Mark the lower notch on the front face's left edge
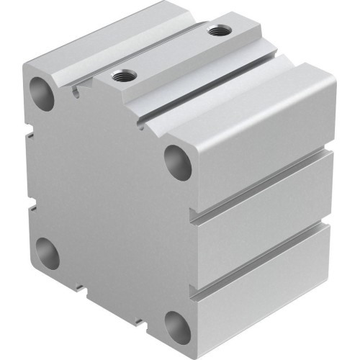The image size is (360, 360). [33, 209]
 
